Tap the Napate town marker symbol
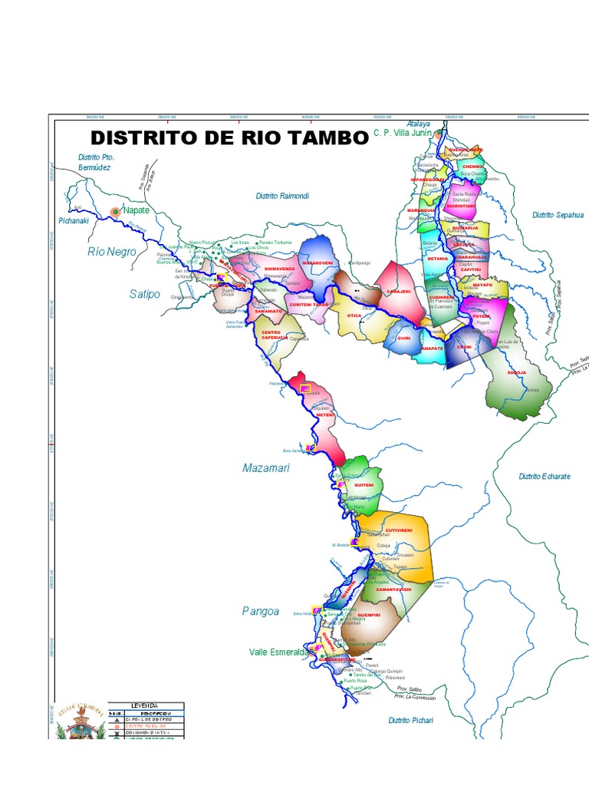point(116,210)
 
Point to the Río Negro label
point(111,252)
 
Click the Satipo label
point(145,293)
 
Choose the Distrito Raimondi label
point(282,196)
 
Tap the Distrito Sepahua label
point(558,216)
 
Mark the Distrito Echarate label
point(545,477)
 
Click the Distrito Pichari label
point(410,721)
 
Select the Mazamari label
point(266,467)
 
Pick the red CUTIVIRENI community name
point(399,530)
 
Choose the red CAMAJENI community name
point(400,292)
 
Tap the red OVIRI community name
point(404,338)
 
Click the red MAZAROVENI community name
point(317,263)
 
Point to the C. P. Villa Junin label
point(403,132)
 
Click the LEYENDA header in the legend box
point(145,705)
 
